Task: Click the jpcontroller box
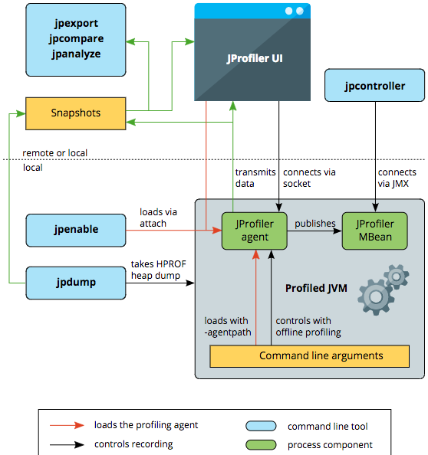(x=374, y=85)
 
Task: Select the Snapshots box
(x=75, y=113)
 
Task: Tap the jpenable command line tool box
(x=76, y=231)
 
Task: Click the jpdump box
(x=76, y=283)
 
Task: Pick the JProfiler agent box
(x=254, y=231)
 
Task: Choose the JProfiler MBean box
(x=375, y=231)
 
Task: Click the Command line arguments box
(x=309, y=356)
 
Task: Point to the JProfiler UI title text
(x=255, y=58)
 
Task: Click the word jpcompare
(x=76, y=38)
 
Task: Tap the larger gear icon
(x=376, y=297)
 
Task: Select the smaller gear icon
(x=397, y=277)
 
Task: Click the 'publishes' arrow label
(x=315, y=224)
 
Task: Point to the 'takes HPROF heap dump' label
(x=158, y=270)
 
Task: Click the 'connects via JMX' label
(x=397, y=178)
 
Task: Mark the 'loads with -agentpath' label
(x=228, y=326)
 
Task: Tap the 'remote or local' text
(x=55, y=153)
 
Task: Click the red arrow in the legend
(x=67, y=425)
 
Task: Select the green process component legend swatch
(x=261, y=445)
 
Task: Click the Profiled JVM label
(x=316, y=288)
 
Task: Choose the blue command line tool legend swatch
(x=261, y=426)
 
